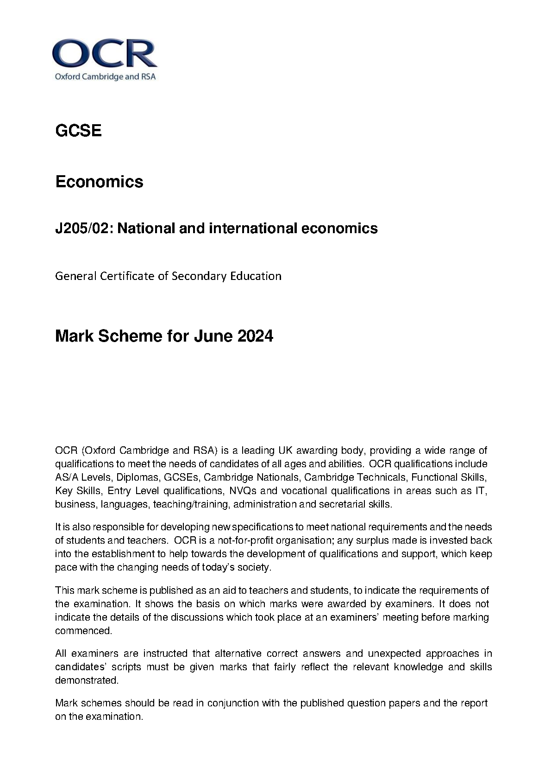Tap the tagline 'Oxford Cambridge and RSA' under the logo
point(106,76)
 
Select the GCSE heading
point(78,131)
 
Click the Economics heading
point(99,181)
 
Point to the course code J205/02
point(83,228)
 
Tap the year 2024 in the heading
point(255,336)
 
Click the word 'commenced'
point(83,630)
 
